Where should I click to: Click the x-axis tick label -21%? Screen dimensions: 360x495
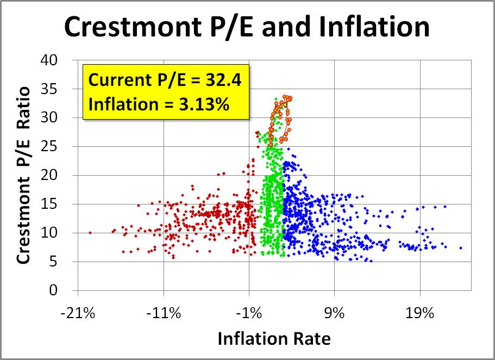coord(78,314)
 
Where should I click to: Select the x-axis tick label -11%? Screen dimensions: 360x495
coord(164,314)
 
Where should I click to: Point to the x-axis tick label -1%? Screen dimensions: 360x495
coord(249,314)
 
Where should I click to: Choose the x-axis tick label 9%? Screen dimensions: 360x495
coord(335,314)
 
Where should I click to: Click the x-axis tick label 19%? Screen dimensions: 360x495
coord(420,314)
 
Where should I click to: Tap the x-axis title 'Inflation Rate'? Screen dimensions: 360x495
coord(274,339)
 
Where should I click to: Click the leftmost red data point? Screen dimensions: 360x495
coord(90,232)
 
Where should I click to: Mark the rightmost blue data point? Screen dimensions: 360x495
coord(461,248)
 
